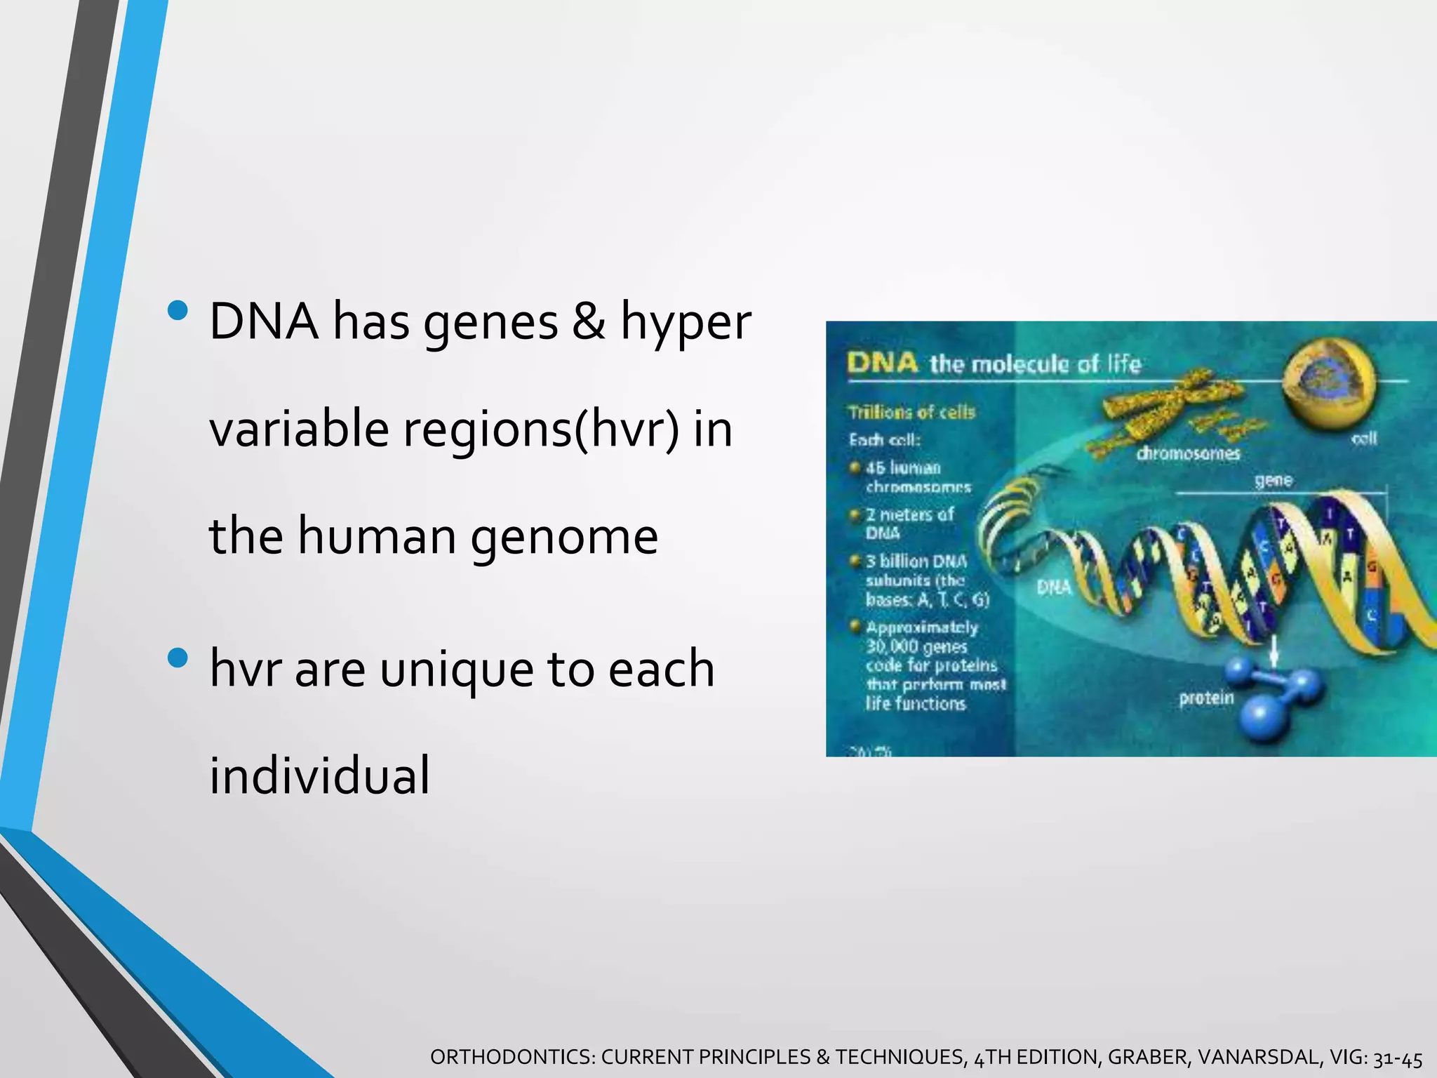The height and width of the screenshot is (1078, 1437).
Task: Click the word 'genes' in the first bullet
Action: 490,323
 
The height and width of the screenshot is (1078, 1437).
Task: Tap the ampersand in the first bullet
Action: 588,321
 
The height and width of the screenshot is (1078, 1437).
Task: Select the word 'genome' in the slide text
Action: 564,537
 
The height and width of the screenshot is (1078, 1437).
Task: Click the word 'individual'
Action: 319,776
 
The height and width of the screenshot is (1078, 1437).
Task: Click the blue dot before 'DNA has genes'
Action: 178,310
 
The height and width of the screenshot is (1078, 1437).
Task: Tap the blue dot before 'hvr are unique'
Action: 178,658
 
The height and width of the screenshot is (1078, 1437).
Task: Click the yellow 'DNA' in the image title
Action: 882,363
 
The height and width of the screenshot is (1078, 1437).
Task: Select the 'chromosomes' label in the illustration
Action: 1188,454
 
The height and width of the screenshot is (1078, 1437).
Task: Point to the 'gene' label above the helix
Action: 1274,480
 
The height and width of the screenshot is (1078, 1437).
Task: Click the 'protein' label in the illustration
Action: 1206,698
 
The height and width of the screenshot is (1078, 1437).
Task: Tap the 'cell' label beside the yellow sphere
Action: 1364,439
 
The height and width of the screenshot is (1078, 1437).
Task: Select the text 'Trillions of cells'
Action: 911,412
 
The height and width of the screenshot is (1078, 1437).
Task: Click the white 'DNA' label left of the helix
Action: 1054,587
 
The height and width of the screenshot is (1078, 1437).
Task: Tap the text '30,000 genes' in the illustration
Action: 916,646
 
